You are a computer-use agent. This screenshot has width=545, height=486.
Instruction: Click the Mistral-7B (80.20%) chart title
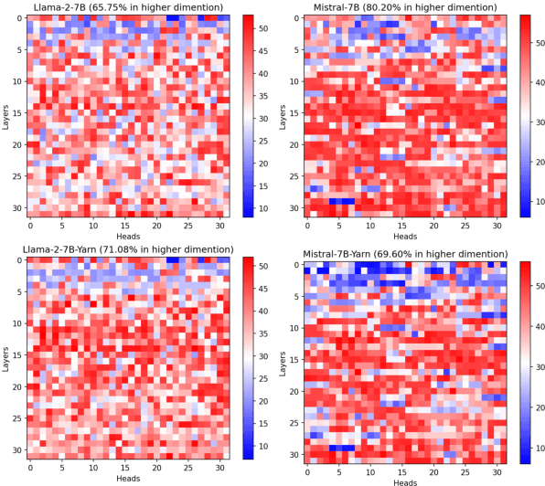[401, 7]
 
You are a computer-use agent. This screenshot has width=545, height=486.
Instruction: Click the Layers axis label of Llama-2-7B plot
[6, 116]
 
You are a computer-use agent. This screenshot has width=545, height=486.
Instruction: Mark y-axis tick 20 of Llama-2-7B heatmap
[16, 143]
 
